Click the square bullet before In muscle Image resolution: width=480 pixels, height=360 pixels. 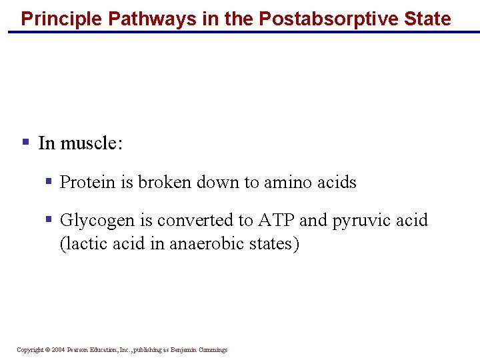25,142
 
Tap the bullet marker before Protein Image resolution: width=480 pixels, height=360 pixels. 48,181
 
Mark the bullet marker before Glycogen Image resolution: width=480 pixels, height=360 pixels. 48,219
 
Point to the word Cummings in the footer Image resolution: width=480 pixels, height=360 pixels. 212,350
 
